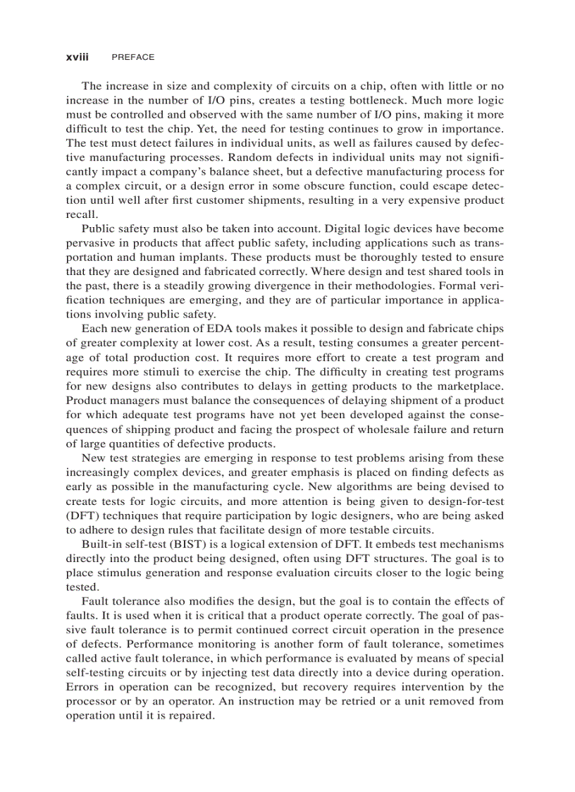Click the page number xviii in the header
coord(78,57)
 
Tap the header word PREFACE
coord(132,57)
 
